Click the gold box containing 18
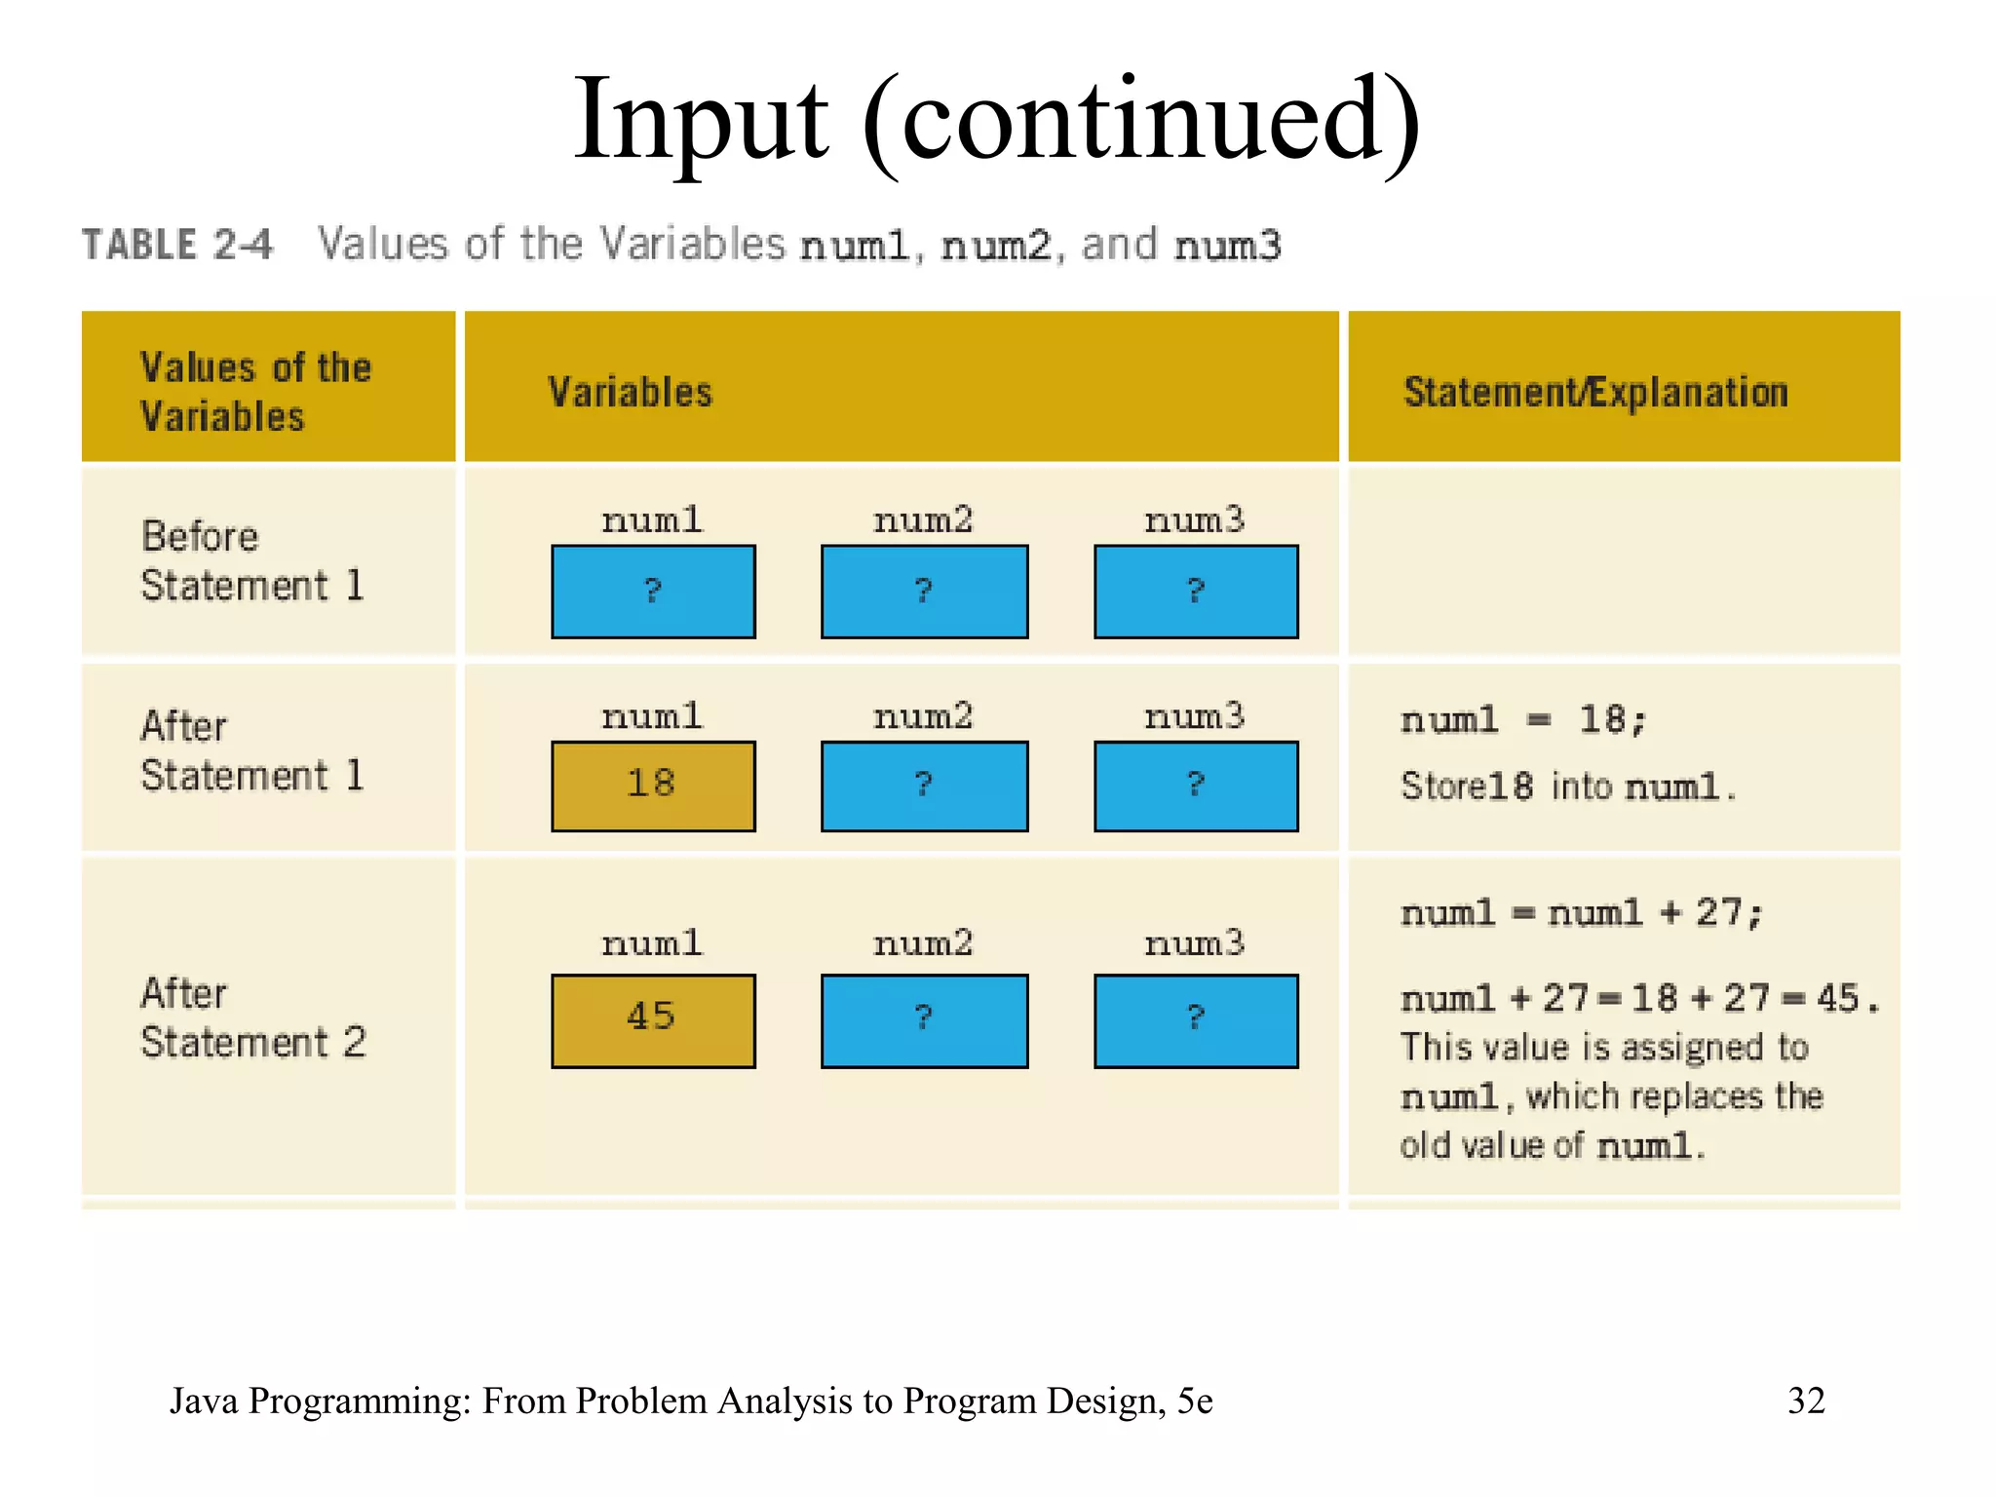pyautogui.click(x=652, y=786)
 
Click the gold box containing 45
pyautogui.click(x=652, y=1019)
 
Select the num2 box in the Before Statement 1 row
pyautogui.click(x=924, y=592)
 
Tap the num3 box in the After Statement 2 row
pyautogui.click(x=1196, y=1019)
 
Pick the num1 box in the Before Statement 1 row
pyautogui.click(x=652, y=592)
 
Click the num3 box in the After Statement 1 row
pyautogui.click(x=1196, y=786)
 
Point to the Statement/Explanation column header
pyautogui.click(x=1595, y=392)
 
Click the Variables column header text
pyautogui.click(x=630, y=392)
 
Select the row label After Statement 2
pyautogui.click(x=253, y=1017)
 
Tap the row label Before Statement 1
pyautogui.click(x=251, y=561)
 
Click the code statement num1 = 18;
pyautogui.click(x=1523, y=720)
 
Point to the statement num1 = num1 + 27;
pyautogui.click(x=1581, y=913)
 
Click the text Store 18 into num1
pyautogui.click(x=1567, y=786)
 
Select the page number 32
pyautogui.click(x=1805, y=1401)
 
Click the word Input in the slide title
pyautogui.click(x=700, y=122)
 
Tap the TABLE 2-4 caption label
pyautogui.click(x=177, y=245)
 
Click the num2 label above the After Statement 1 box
pyautogui.click(x=923, y=716)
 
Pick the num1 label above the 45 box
pyautogui.click(x=652, y=942)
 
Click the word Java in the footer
pyautogui.click(x=204, y=1401)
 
